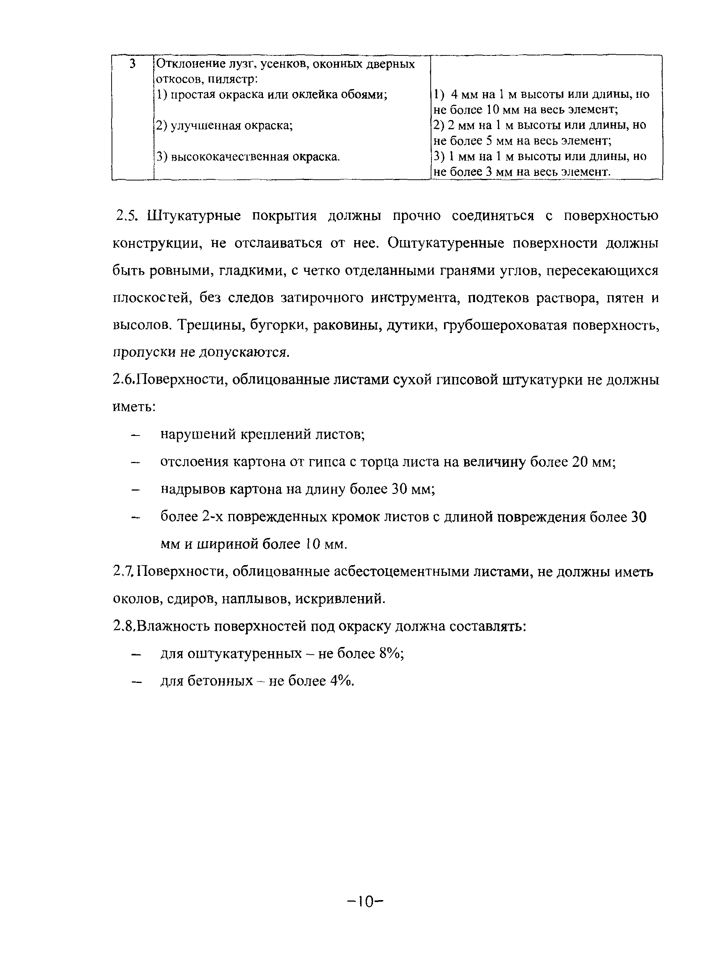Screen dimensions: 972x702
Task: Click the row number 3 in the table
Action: click(x=133, y=64)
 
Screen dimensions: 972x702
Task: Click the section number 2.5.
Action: click(x=126, y=216)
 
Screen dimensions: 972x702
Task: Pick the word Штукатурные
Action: click(x=194, y=216)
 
